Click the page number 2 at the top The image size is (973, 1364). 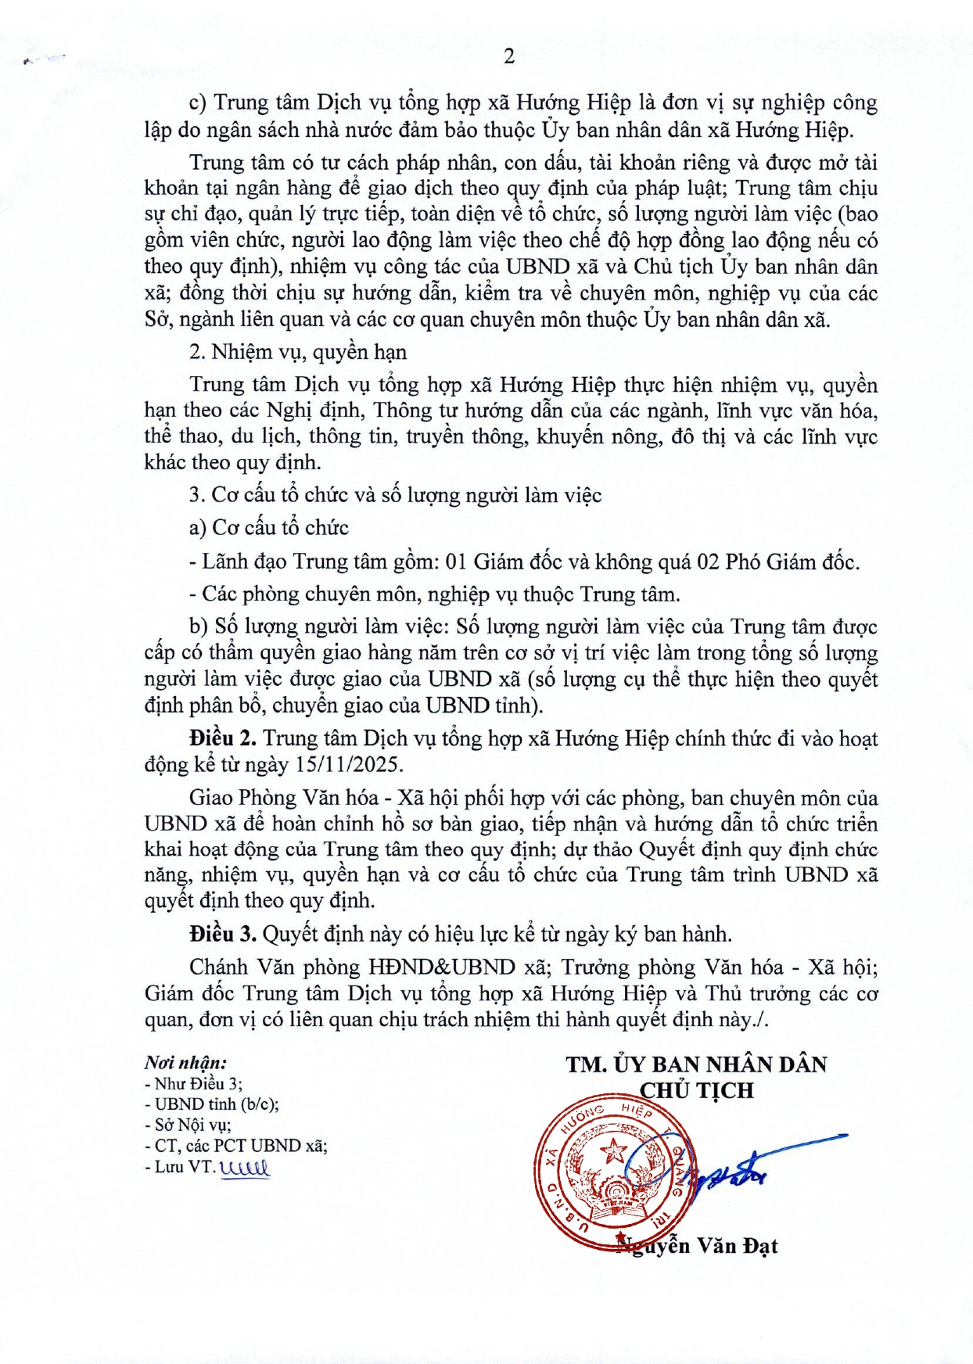[509, 56]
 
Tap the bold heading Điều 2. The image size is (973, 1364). [223, 738]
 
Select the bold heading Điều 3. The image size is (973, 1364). [223, 934]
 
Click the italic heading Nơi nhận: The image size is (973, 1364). [185, 1062]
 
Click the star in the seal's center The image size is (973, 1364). [614, 1150]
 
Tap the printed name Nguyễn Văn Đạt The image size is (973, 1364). [698, 1246]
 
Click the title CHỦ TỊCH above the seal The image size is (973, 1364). [696, 1090]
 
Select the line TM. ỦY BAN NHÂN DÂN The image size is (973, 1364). [696, 1064]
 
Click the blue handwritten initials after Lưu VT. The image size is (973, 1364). [245, 1168]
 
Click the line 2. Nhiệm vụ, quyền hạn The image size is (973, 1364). [297, 352]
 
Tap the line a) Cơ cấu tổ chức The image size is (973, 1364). [268, 528]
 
